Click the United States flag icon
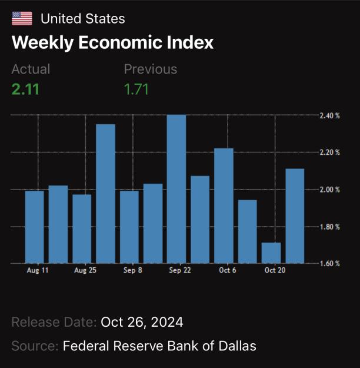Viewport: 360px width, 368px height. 22,18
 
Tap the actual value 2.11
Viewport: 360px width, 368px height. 25,89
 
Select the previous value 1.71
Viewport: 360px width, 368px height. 136,89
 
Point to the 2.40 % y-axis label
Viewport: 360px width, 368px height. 329,115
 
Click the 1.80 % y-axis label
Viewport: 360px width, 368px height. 329,227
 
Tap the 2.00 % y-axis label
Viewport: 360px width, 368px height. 329,190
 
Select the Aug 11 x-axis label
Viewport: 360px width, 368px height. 38,270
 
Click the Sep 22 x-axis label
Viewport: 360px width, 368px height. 180,270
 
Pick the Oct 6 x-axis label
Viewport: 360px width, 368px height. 228,270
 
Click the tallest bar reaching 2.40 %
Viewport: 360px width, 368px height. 176,189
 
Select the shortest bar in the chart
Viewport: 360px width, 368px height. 271,253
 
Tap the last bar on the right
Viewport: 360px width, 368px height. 295,216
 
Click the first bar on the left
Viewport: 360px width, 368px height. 35,227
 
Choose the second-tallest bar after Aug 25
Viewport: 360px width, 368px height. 105,194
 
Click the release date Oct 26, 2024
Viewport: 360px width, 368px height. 142,322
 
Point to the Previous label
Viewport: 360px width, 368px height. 151,69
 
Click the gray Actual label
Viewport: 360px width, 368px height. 31,69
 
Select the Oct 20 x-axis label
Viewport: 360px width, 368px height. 275,270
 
